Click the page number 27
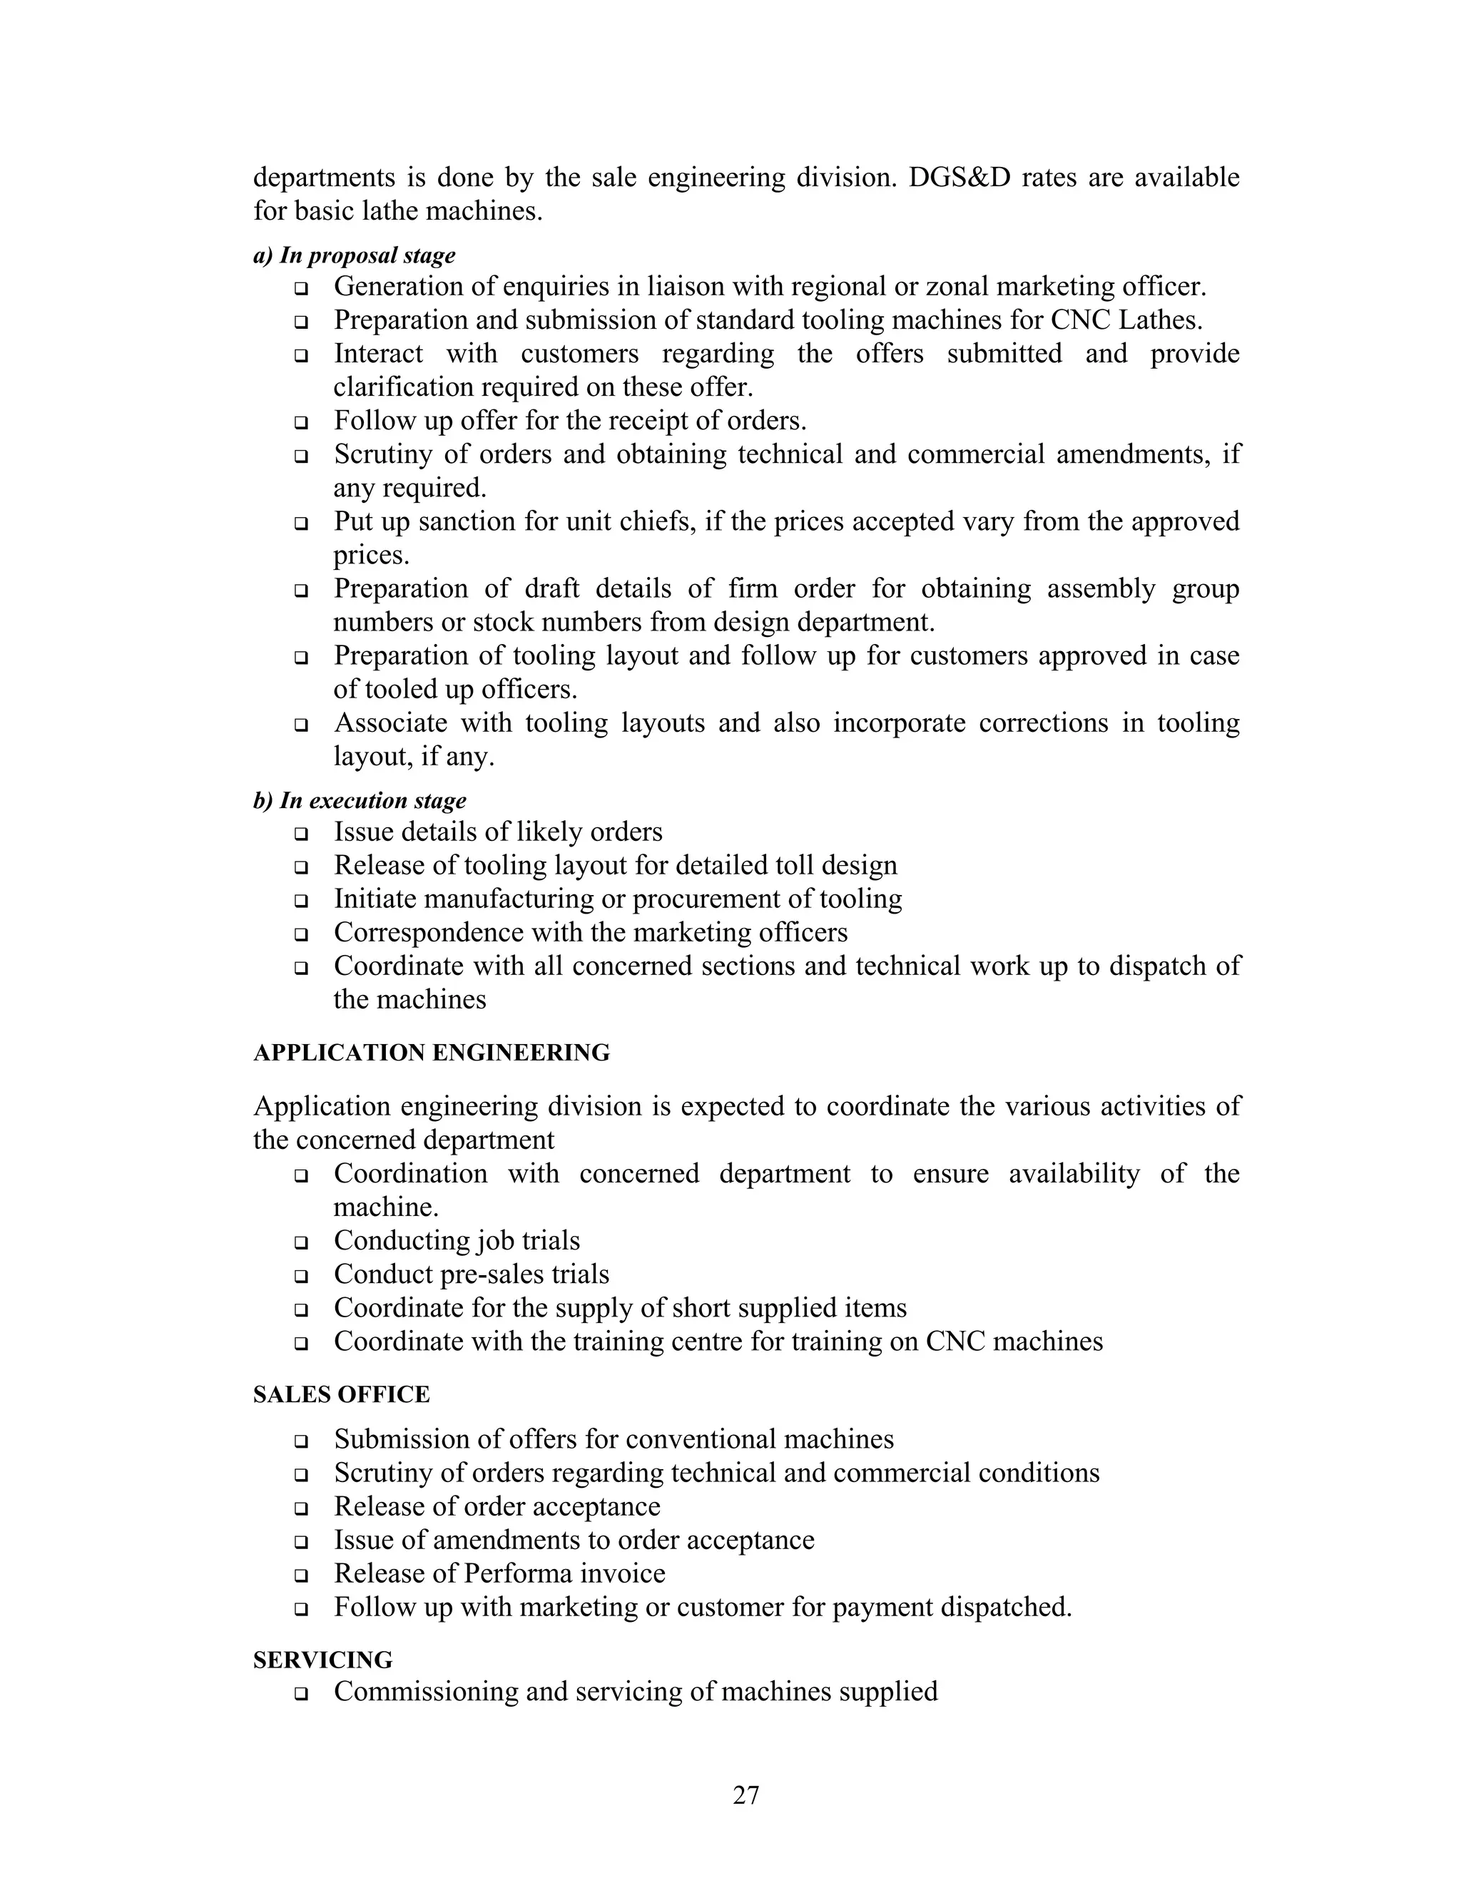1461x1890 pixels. click(x=745, y=1795)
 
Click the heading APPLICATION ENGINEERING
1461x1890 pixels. click(x=431, y=1052)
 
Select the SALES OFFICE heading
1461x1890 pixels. click(x=341, y=1394)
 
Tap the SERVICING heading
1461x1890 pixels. click(x=323, y=1660)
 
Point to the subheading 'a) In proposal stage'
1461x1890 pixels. click(x=354, y=255)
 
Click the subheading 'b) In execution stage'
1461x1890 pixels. click(x=360, y=800)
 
